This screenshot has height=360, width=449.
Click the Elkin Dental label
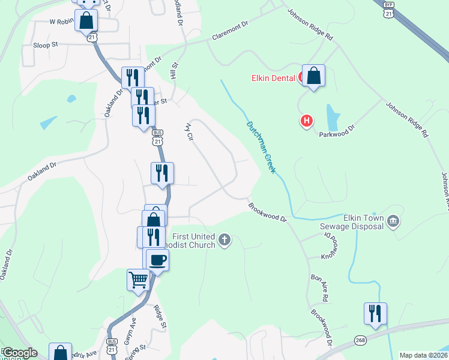273,78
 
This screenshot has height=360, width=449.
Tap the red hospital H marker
307,121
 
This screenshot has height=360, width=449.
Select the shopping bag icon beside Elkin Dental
313,76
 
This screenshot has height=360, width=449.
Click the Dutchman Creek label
261,147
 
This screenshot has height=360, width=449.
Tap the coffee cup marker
158,260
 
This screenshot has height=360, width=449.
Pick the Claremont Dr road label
230,32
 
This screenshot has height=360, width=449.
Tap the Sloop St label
45,44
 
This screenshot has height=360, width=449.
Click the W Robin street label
61,21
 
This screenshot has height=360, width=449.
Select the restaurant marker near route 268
375,314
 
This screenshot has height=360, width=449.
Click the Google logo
19,353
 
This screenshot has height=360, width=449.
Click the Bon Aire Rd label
319,288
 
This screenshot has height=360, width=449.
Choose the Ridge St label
159,316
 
